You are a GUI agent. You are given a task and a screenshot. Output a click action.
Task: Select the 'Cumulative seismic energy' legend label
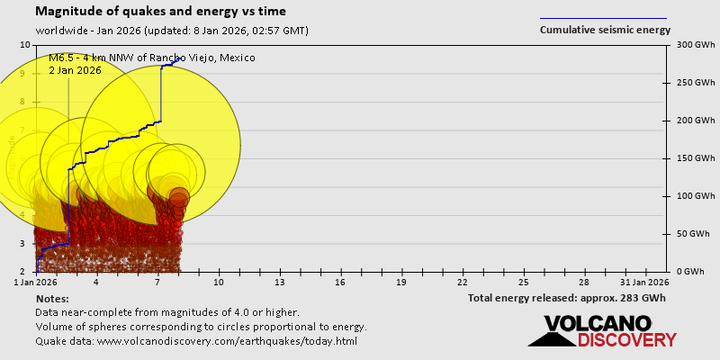605,30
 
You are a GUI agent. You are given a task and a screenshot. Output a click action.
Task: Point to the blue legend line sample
603,17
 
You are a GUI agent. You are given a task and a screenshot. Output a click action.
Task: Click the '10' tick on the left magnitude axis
25,45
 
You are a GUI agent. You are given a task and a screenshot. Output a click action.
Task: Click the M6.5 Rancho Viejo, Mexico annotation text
152,58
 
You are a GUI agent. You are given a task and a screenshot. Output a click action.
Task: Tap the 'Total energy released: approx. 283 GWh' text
567,298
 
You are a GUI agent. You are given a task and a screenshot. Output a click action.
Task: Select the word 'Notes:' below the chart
52,298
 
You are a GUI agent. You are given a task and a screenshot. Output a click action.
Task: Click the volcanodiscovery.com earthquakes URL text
196,341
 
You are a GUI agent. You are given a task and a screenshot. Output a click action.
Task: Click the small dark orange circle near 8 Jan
178,198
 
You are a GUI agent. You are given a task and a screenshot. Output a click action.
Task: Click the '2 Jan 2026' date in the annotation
76,70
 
